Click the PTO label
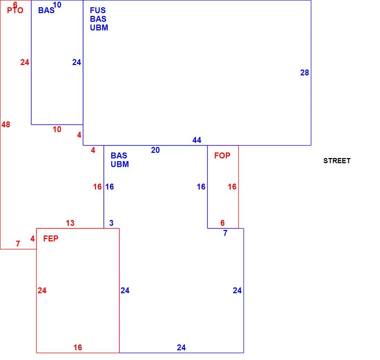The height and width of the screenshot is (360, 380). pos(15,10)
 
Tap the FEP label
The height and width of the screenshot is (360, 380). pos(51,239)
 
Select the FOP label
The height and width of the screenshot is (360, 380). pos(222,156)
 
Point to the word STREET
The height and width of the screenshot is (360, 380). pos(337,161)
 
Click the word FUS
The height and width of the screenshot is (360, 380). pos(98,10)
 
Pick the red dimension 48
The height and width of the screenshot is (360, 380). pos(6,124)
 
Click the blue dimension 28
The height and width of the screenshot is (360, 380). pos(305,73)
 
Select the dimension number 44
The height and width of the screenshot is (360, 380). pos(197,140)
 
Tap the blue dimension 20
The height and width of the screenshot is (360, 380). pos(155,150)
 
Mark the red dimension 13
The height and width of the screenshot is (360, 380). pos(70,223)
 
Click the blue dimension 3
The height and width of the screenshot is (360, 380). pos(111,223)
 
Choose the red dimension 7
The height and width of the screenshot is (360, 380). pos(18,244)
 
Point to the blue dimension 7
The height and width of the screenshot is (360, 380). pos(225,233)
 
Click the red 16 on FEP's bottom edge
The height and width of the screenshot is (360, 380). pos(78,348)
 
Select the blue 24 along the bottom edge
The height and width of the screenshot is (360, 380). pos(181,348)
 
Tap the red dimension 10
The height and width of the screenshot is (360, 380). pos(57,129)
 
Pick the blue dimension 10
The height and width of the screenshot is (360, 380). pos(57,5)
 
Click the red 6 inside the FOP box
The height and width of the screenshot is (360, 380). pos(222,223)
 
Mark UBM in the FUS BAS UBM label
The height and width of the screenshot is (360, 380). pos(99,28)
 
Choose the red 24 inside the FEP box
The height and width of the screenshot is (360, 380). pos(42,290)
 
